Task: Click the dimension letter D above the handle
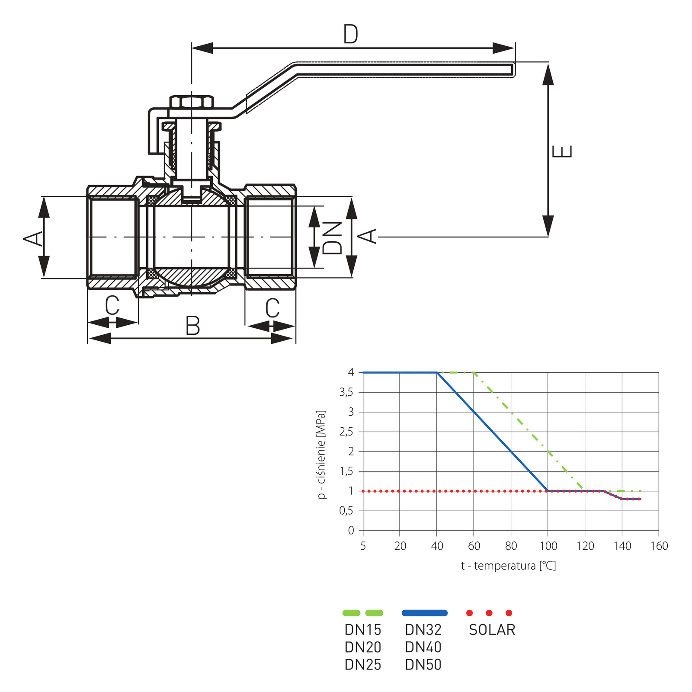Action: (350, 34)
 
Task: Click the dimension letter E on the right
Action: (563, 151)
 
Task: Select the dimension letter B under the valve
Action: (192, 326)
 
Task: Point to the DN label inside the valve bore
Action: (332, 237)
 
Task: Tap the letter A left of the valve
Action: (33, 238)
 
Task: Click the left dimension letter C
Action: (112, 305)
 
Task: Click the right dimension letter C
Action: (272, 308)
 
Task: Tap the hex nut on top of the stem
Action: (192, 102)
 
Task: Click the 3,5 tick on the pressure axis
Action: (346, 392)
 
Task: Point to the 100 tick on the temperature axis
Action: (548, 546)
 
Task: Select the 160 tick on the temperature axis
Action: (659, 546)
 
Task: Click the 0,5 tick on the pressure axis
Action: (346, 511)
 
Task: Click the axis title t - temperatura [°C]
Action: (508, 565)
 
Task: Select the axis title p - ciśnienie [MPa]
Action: (321, 455)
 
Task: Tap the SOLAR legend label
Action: (492, 630)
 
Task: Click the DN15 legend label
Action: (363, 630)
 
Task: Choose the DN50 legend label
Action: (423, 664)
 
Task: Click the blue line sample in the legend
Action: (424, 613)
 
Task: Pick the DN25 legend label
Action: (363, 664)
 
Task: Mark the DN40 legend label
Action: (423, 647)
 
